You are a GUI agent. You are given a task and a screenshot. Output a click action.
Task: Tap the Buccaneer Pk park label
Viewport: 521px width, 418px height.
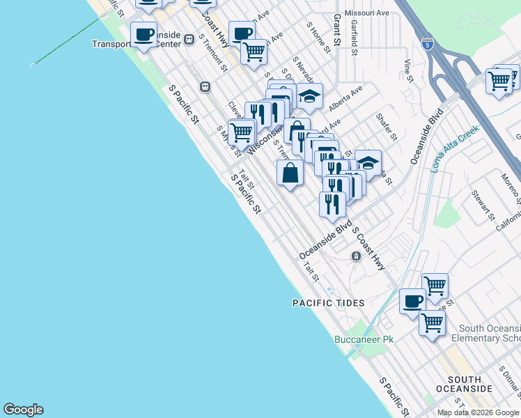point(364,339)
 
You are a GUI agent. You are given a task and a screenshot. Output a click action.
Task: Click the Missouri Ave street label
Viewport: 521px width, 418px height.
point(372,13)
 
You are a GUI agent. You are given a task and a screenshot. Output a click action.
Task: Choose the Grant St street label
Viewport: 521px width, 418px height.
point(336,29)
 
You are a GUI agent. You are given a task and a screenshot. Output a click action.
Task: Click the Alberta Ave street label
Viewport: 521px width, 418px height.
point(345,95)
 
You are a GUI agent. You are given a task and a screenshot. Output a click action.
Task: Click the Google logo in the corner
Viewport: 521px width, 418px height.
point(23,410)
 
